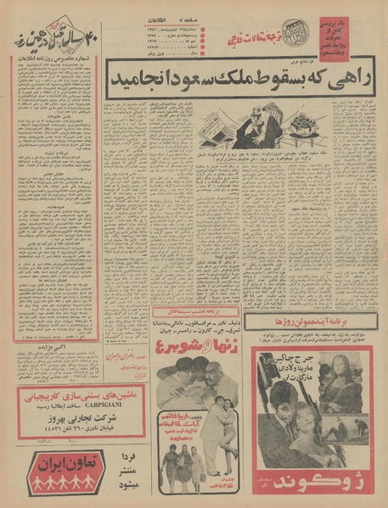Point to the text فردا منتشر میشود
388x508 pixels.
(x=123, y=473)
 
